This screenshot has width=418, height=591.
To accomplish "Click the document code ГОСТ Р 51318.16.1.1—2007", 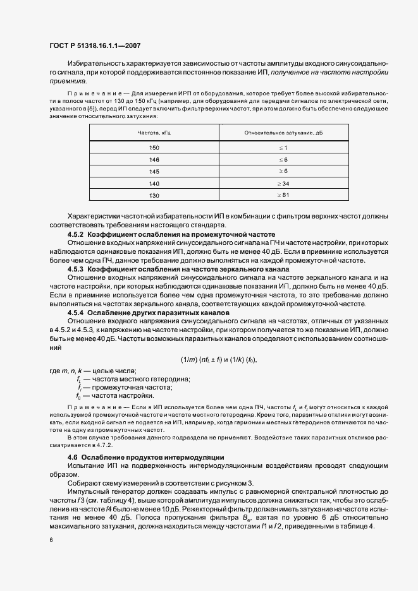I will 94,46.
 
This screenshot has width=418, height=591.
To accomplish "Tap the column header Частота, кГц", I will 154,133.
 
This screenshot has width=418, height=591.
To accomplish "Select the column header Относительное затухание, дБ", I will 283,133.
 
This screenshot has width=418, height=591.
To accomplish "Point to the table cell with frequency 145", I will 154,171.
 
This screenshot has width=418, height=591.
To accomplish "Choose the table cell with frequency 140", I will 154,183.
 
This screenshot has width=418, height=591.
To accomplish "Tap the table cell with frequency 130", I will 154,195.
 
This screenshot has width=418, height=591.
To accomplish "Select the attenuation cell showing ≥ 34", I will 283,183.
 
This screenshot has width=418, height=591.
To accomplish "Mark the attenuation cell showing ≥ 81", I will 283,195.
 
